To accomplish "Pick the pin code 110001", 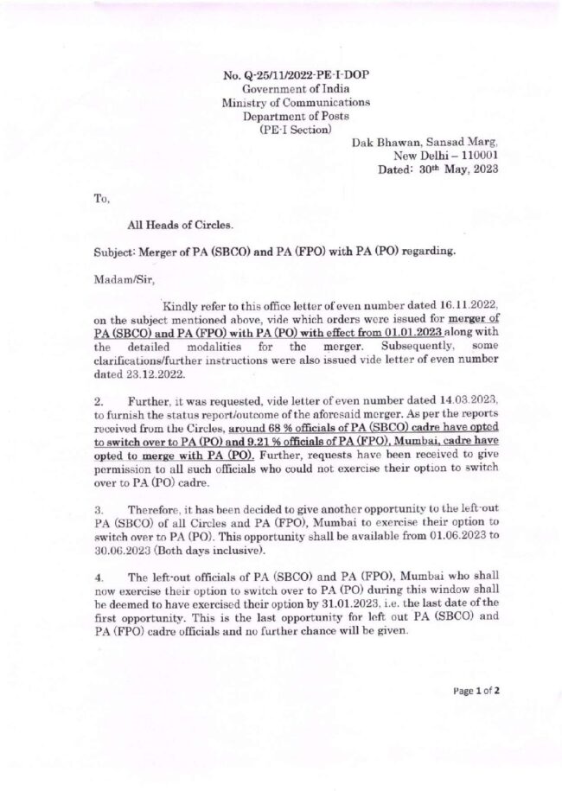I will pos(475,156).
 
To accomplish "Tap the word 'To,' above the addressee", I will pos(101,198).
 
